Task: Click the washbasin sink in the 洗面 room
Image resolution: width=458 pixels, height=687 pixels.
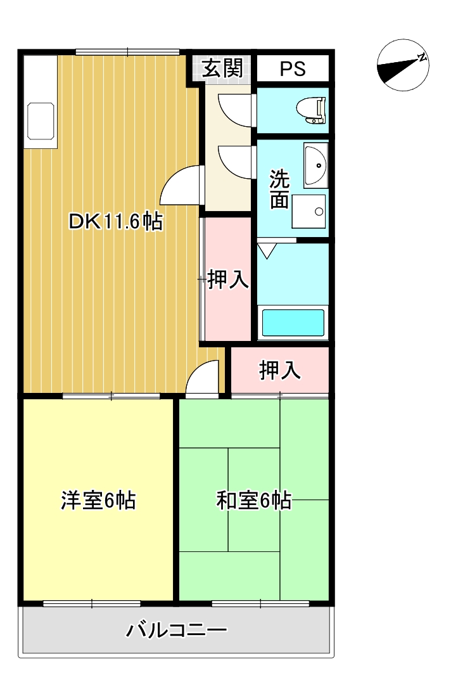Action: pyautogui.click(x=315, y=165)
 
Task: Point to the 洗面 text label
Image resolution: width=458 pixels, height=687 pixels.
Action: pyautogui.click(x=279, y=189)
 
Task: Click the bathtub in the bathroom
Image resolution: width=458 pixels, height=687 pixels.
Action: pyautogui.click(x=293, y=322)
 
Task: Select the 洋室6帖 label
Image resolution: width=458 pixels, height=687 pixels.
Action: pyautogui.click(x=98, y=501)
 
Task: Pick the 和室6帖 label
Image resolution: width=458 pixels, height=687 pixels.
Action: pyautogui.click(x=253, y=501)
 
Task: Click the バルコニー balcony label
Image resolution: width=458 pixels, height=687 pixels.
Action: pyautogui.click(x=176, y=631)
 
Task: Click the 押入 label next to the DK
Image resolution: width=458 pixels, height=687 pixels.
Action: pyautogui.click(x=228, y=279)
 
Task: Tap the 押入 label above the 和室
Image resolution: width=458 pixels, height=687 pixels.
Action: pyautogui.click(x=279, y=371)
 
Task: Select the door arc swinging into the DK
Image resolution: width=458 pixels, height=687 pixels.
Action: pyautogui.click(x=181, y=185)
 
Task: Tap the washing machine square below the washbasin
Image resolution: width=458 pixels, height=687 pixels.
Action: pyautogui.click(x=309, y=211)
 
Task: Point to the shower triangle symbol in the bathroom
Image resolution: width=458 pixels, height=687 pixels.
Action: pyautogui.click(x=267, y=251)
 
